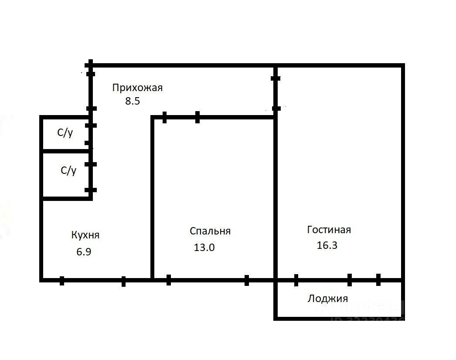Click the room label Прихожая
[137, 88]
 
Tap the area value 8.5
[132, 102]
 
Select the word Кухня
[85, 235]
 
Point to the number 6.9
[84, 251]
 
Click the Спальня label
[210, 231]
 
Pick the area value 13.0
[204, 248]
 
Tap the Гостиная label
[329, 230]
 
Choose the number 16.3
[327, 245]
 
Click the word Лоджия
[328, 299]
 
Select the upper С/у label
[65, 133]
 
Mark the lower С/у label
[68, 170]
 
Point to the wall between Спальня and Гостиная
[276, 196]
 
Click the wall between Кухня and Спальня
[152, 196]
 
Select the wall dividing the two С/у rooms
[65, 151]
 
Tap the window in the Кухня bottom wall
[92, 280]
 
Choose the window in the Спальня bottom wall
[208, 279]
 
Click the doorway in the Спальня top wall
[181, 117]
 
